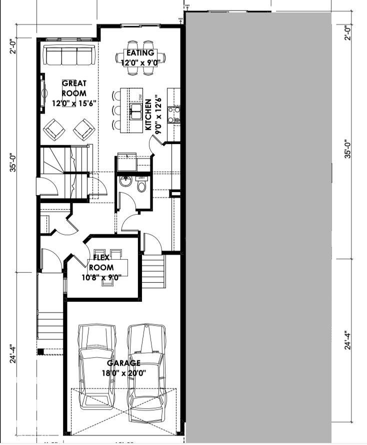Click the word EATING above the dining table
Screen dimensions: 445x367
139,53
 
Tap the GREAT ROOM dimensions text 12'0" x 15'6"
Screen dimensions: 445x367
73,103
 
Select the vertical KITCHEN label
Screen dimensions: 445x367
148,115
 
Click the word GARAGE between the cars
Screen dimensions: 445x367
123,363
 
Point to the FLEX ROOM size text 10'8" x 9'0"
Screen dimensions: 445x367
104,276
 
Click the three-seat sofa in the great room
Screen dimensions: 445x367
69,55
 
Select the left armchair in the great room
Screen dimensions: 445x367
53,130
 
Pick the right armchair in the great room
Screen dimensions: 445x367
84,130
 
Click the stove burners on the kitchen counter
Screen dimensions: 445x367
173,115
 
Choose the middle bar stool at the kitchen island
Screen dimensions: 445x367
117,110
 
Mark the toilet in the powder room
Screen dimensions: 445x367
141,186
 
